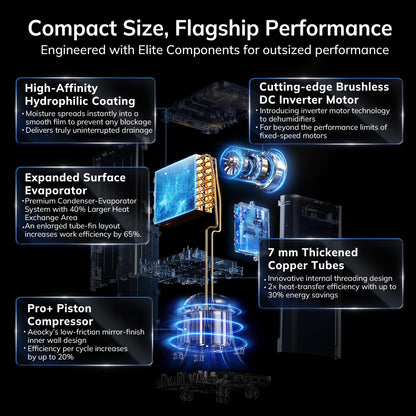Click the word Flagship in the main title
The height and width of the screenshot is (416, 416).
217,29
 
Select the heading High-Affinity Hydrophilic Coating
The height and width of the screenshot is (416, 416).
80,95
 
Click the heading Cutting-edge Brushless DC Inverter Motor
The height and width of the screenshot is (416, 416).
324,93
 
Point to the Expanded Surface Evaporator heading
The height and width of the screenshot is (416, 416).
75,184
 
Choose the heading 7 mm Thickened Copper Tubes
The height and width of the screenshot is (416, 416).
313,259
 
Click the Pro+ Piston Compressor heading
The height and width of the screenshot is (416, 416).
60,315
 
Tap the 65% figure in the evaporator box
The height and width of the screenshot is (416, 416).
132,234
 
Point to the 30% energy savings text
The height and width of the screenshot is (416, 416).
303,295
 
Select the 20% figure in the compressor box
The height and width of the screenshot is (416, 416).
66,357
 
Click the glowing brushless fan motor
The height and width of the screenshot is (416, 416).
252,165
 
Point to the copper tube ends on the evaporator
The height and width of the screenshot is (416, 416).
206,183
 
